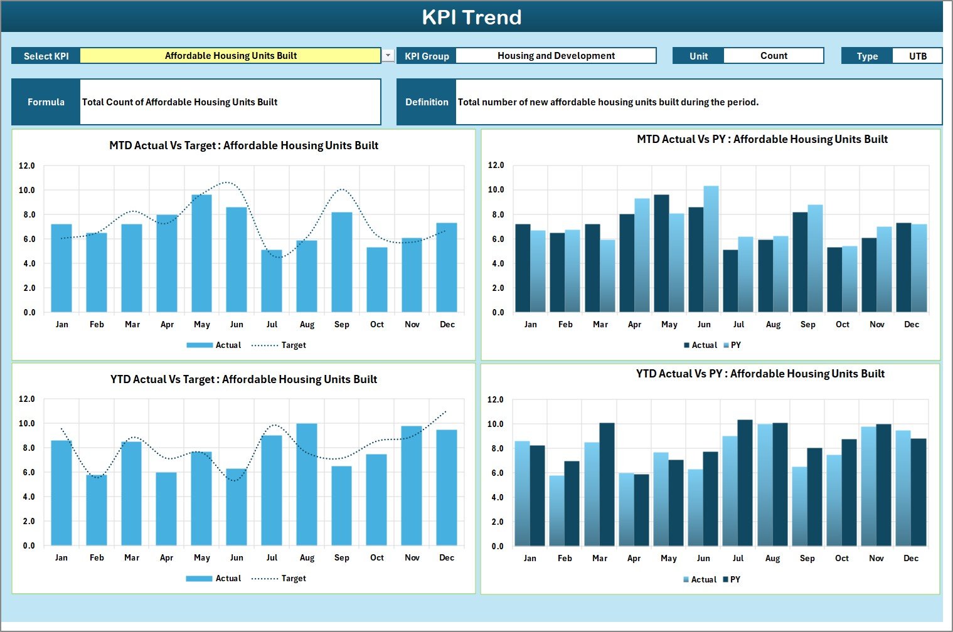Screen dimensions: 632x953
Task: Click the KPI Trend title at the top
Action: (x=472, y=17)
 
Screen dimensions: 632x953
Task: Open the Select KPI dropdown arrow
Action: (x=388, y=56)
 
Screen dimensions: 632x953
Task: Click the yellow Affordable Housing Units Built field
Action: (x=230, y=56)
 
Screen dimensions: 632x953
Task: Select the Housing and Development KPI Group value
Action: (x=556, y=56)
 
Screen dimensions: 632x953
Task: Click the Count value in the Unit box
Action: (x=774, y=56)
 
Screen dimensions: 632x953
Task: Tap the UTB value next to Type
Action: (x=917, y=56)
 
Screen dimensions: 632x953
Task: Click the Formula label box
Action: (x=46, y=102)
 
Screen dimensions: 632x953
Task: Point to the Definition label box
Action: (x=427, y=102)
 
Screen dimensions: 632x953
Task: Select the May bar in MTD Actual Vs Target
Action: (x=201, y=254)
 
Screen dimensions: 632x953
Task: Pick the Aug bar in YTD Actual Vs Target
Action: (x=307, y=485)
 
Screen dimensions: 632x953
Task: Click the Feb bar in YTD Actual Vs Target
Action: (x=97, y=510)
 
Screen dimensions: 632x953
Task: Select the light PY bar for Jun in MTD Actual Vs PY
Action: (x=711, y=250)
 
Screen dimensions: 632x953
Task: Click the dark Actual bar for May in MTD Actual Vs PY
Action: (x=661, y=254)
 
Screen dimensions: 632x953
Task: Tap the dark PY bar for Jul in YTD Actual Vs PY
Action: (x=745, y=483)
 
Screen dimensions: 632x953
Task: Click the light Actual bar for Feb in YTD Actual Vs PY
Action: (x=556, y=511)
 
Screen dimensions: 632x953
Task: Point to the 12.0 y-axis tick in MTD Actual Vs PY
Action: (x=496, y=166)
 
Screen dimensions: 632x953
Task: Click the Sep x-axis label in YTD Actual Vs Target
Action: (x=342, y=558)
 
